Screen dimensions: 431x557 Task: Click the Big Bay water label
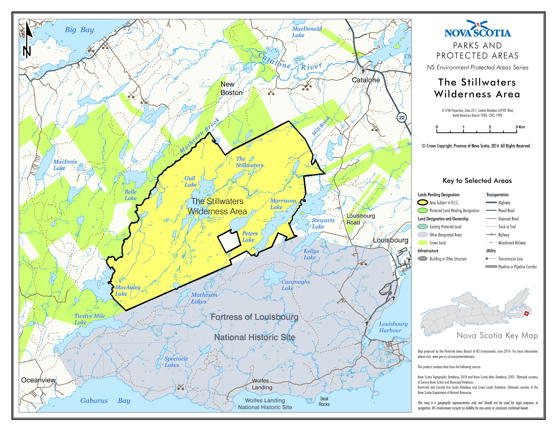[79, 30]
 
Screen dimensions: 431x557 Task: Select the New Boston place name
[231, 88]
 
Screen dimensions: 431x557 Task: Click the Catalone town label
[366, 80]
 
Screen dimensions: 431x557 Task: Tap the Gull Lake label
[190, 181]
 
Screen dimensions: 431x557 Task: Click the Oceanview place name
[38, 380]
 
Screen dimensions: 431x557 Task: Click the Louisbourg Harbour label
[393, 327]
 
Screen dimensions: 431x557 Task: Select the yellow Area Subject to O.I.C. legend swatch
[422, 202]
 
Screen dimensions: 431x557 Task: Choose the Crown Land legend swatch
[422, 243]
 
